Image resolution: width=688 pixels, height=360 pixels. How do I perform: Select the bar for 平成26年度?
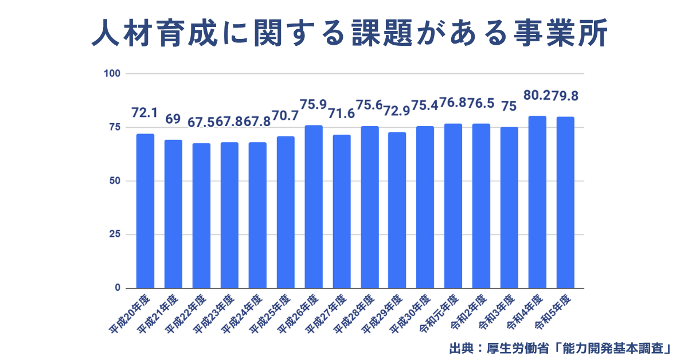(x=314, y=206)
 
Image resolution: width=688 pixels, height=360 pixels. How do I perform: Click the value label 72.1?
(x=144, y=112)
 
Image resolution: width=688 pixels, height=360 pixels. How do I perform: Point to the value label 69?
(x=173, y=119)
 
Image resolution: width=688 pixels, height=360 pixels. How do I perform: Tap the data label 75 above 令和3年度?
(x=509, y=106)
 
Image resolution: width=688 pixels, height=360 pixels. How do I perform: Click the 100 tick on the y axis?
(x=112, y=73)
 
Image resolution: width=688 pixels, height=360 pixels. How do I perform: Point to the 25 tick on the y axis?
(x=115, y=234)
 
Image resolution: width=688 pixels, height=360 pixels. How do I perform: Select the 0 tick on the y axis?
(x=117, y=288)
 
